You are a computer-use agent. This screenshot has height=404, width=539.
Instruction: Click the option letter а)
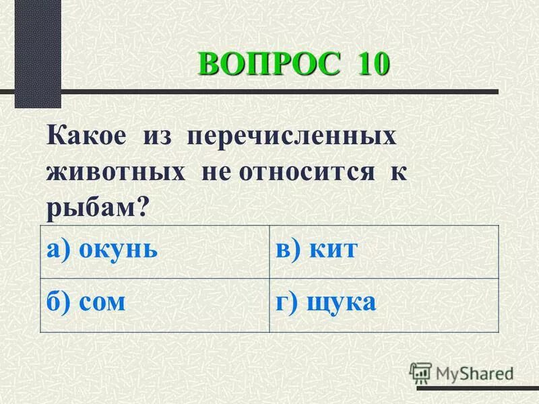tap(59, 250)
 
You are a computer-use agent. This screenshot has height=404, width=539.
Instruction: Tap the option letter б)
tap(59, 302)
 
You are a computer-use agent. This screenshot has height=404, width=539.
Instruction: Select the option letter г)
tap(287, 302)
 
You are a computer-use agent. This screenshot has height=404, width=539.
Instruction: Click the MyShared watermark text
tap(474, 372)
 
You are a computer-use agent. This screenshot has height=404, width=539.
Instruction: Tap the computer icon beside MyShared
tap(420, 372)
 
